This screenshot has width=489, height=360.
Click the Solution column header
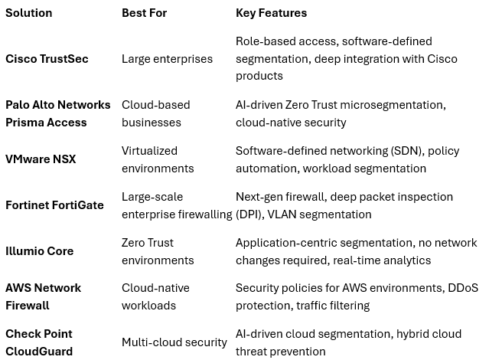pyautogui.click(x=29, y=13)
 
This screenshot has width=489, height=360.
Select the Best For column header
pyautogui.click(x=144, y=13)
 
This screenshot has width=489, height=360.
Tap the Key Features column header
pyautogui.click(x=271, y=13)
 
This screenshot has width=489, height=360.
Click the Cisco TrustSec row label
pyautogui.click(x=47, y=59)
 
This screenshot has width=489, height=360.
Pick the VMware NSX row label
pyautogui.click(x=41, y=159)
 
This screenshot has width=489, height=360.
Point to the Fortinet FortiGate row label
pyautogui.click(x=54, y=205)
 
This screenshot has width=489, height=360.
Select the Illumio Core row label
pyautogui.click(x=40, y=251)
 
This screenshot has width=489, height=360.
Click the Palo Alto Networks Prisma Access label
pyautogui.click(x=57, y=113)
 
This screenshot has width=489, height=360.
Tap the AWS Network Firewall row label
pyautogui.click(x=43, y=296)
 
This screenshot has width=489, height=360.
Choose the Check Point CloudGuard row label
pyautogui.click(x=39, y=342)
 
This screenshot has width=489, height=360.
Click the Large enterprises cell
pyautogui.click(x=167, y=59)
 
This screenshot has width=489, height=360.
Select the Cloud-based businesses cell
pyautogui.click(x=155, y=113)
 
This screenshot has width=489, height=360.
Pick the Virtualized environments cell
pyautogui.click(x=157, y=159)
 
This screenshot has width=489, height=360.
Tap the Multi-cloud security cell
pyautogui.click(x=174, y=342)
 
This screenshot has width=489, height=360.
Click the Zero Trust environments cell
pyautogui.click(x=157, y=251)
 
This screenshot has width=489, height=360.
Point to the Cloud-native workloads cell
pyautogui.click(x=155, y=296)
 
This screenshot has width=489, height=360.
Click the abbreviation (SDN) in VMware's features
pyautogui.click(x=405, y=151)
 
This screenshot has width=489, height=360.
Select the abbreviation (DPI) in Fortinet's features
pyautogui.click(x=248, y=214)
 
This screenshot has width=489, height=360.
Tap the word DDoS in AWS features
pyautogui.click(x=462, y=288)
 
